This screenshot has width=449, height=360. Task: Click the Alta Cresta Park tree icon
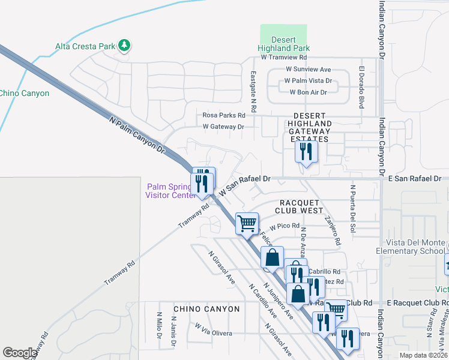(x=124, y=45)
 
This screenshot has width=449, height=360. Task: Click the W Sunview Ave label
(x=307, y=70)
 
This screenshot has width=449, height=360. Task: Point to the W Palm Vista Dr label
(x=308, y=80)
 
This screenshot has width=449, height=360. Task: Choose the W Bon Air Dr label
(x=308, y=92)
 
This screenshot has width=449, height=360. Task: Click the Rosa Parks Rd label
(x=224, y=115)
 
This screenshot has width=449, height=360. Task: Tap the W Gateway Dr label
(x=223, y=127)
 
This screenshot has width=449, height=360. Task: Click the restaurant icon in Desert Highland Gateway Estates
(x=306, y=151)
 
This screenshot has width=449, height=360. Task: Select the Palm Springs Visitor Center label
(x=171, y=190)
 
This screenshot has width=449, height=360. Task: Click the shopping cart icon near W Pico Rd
(x=247, y=223)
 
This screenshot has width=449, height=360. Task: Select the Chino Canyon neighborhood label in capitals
(x=206, y=309)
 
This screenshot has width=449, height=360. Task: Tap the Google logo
(x=19, y=353)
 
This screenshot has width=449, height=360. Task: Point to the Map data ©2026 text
(x=422, y=355)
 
